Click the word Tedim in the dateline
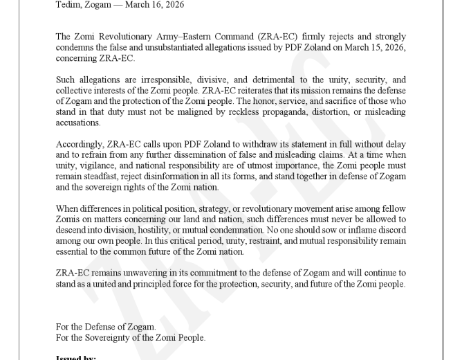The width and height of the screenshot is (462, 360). tap(68, 5)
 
